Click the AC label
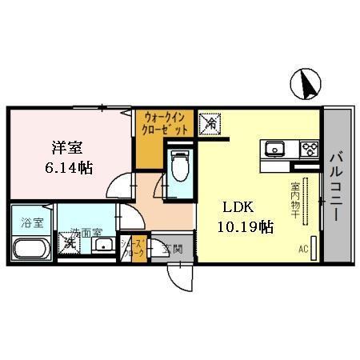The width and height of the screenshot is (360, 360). (x=303, y=249)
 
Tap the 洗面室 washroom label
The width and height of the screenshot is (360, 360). (x=86, y=234)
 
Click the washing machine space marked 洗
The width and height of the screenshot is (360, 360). (x=69, y=242)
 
